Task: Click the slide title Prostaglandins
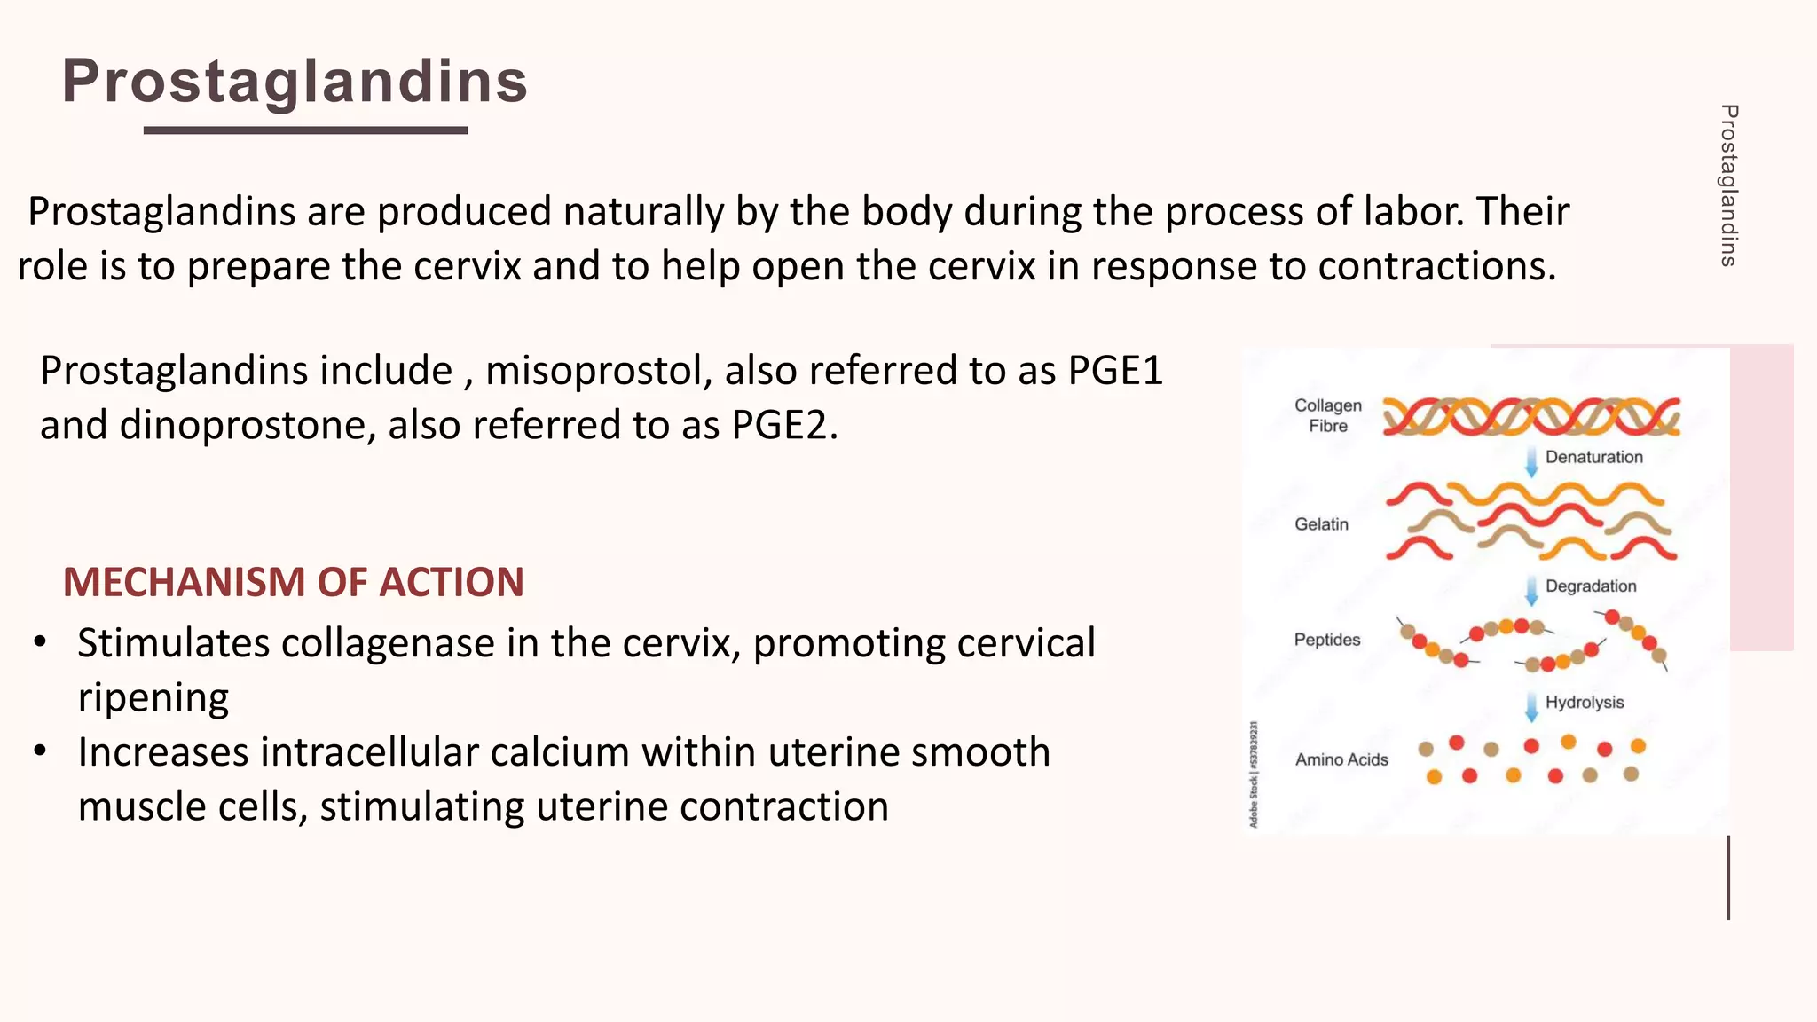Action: [295, 81]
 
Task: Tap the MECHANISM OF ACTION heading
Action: [293, 582]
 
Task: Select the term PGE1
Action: [1115, 370]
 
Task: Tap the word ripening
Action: [153, 697]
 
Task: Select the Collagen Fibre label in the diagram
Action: [1327, 415]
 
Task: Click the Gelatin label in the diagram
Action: [1321, 524]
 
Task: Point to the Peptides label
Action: [1326, 640]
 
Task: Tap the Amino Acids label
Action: [1341, 759]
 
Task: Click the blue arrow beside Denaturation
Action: [1531, 462]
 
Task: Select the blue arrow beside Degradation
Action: [1531, 590]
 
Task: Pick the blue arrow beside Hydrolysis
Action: [1531, 706]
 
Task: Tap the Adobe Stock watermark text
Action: [1254, 774]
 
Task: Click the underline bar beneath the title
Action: [305, 130]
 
